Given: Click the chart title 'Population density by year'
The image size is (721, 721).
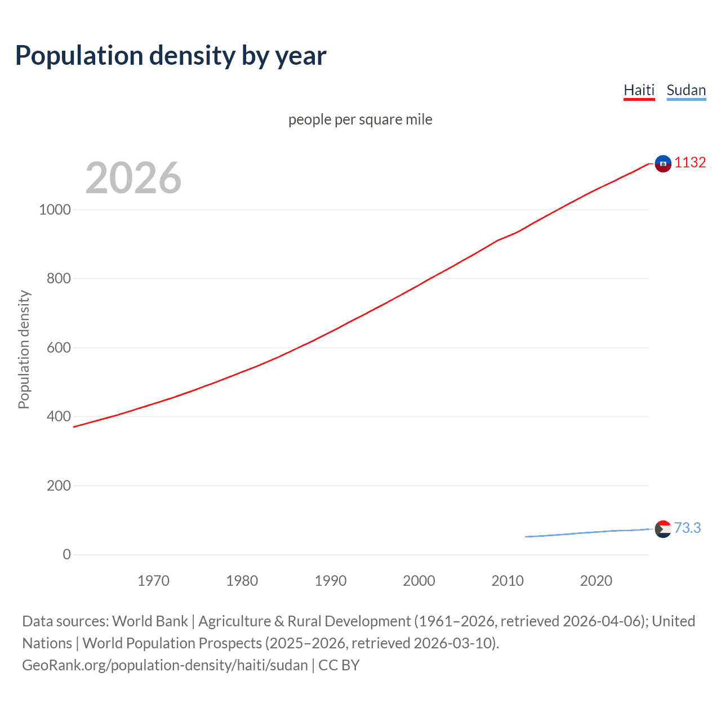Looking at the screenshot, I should [171, 56].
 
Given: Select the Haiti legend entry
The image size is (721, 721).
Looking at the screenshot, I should [639, 90].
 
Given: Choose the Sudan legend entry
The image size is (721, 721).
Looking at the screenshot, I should [686, 90].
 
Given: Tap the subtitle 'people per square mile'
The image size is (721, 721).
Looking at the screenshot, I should [360, 119].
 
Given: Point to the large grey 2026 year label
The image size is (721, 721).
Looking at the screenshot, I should [133, 178].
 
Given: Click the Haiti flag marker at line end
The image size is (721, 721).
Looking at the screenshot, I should [663, 163].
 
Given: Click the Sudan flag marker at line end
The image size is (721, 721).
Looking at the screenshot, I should [663, 529].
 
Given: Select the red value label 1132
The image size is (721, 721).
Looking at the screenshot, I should [690, 162].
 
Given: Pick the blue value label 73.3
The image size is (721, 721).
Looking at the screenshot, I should [687, 528].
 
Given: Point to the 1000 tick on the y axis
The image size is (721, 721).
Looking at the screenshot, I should [55, 210].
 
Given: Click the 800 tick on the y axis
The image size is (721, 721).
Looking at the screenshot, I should [59, 278].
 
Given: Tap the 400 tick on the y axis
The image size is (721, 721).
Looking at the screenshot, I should [59, 416].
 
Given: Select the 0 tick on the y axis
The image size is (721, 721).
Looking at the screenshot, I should [67, 554].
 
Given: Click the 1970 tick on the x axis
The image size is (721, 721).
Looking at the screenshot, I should [153, 581].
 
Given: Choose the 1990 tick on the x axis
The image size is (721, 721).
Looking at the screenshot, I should [331, 581].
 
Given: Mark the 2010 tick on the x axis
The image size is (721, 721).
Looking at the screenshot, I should [508, 581].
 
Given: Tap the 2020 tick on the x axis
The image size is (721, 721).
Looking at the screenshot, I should [596, 581].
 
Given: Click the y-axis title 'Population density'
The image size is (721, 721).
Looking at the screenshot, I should [24, 349].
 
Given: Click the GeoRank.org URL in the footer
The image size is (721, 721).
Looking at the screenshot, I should [165, 665].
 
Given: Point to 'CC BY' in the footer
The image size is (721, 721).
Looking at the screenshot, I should [339, 665].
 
